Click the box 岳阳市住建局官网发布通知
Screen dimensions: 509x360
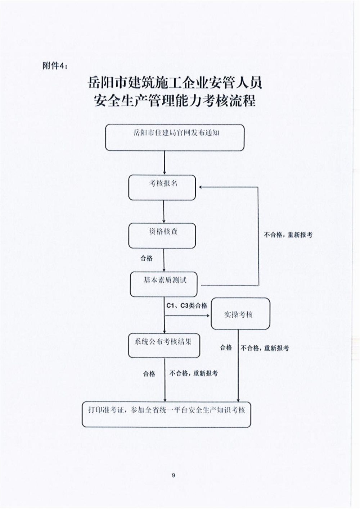[175, 137]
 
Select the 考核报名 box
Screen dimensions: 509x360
[162, 187]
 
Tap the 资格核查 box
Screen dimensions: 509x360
[162, 235]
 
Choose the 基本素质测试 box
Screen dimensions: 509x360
[164, 284]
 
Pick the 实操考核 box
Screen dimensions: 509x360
[240, 314]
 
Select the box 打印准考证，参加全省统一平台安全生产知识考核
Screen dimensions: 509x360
[166, 414]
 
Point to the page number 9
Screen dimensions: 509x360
[174, 475]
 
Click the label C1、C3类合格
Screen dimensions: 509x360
[186, 305]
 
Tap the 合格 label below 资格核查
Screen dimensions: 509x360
[147, 258]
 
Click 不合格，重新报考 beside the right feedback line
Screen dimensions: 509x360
[288, 235]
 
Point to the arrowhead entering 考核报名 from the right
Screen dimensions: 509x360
[199, 187]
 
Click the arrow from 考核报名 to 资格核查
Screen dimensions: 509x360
[164, 212]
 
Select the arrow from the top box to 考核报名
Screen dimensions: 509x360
[165, 163]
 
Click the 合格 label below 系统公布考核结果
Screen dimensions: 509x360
[149, 374]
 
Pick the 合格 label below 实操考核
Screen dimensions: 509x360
[226, 347]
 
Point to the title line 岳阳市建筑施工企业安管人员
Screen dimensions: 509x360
[175, 83]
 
